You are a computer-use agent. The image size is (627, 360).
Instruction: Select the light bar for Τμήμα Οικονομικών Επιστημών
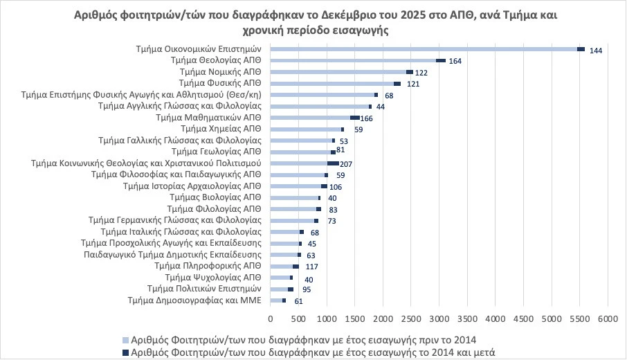(423, 49)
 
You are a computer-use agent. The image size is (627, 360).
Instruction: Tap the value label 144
(596, 51)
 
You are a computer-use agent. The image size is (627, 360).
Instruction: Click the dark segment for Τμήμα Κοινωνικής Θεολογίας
(333, 163)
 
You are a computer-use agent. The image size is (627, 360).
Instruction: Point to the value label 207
(347, 164)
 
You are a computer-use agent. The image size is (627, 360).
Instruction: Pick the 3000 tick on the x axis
(439, 318)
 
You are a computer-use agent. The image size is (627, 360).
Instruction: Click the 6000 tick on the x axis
(608, 318)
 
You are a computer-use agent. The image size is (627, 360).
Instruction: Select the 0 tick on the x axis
(270, 318)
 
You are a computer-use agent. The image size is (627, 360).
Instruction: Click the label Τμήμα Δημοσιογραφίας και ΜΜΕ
(194, 300)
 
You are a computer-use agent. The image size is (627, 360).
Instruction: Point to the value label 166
(366, 118)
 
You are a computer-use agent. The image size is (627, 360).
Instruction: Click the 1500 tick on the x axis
(354, 318)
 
